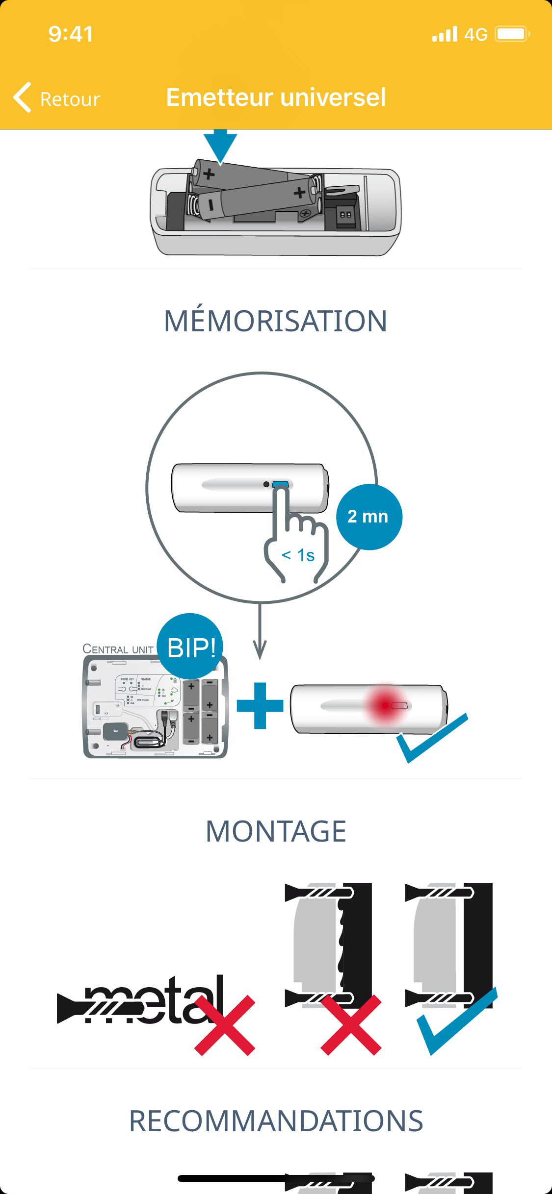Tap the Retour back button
57,98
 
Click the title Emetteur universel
276,97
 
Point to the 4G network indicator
475,34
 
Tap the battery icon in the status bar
512,34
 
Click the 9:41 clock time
71,34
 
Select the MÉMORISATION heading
276,321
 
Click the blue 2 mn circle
369,517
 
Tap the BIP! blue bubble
190,647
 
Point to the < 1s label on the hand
298,555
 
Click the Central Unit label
118,649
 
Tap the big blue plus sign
260,705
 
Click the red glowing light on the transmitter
386,705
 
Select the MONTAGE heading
276,831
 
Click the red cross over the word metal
225,1025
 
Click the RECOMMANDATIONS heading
276,1120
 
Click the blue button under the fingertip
280,484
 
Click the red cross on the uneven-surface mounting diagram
351,1025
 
